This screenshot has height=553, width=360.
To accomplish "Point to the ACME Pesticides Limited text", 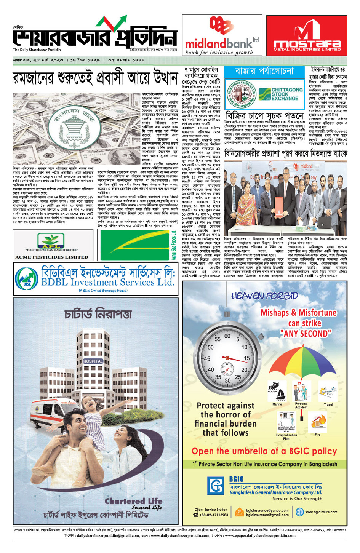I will [51, 257].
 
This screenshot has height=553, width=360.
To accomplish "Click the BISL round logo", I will [27, 279].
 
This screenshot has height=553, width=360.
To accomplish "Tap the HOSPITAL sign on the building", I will [93, 361].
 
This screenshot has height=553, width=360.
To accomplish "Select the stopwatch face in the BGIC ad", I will [227, 359].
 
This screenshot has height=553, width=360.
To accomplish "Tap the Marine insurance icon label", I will [277, 404].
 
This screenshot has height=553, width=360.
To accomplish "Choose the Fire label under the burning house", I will [317, 435].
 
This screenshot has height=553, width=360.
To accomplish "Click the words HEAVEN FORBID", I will [264, 296].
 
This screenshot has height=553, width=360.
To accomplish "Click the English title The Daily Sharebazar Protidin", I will [37, 50].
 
